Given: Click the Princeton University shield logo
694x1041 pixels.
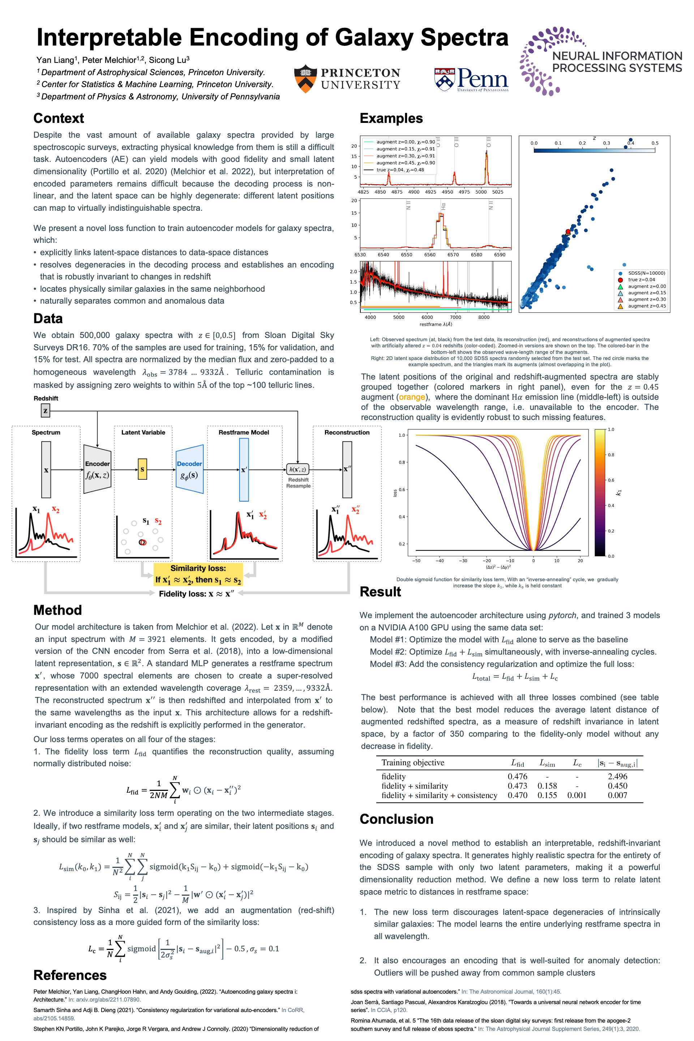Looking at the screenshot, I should (305, 79).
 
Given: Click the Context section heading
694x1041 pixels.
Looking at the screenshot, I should (59, 118).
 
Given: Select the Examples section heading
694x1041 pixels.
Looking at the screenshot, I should (391, 118).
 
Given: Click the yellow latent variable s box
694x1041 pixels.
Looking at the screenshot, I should (142, 469).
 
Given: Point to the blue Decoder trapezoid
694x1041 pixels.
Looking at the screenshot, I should (189, 469).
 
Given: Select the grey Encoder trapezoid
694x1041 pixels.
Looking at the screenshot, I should (97, 469).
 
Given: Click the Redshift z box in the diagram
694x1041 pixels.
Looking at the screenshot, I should (45, 410).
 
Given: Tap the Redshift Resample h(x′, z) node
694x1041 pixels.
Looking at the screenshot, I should (297, 469).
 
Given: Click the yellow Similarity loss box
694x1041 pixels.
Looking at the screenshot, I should (198, 574).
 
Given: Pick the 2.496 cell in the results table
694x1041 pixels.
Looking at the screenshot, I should (617, 776).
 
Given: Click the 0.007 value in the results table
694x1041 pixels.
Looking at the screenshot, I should (617, 795).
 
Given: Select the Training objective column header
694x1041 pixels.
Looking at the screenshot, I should (412, 763).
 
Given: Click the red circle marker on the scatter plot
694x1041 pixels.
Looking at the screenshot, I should (568, 231).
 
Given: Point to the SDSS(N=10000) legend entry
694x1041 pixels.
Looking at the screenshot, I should (646, 273).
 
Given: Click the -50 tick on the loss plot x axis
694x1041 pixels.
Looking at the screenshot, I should (416, 560).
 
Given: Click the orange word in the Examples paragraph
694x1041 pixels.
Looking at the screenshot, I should (412, 397).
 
